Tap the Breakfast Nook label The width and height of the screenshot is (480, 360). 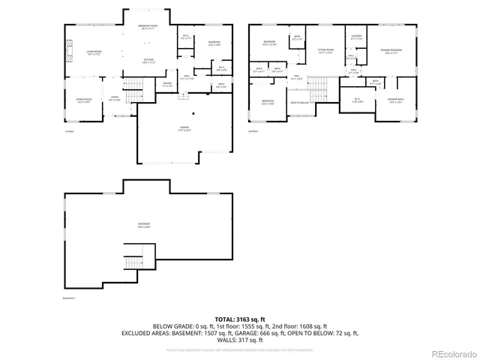(x=148, y=28)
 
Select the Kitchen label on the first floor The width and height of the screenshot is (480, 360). (x=148, y=61)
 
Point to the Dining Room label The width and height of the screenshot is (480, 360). (x=83, y=100)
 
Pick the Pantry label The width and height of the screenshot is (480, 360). (x=168, y=84)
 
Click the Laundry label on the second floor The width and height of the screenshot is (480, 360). (x=355, y=37)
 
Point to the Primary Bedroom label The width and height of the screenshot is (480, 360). (x=388, y=52)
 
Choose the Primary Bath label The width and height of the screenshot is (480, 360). (x=395, y=100)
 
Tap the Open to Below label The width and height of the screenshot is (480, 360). (x=298, y=103)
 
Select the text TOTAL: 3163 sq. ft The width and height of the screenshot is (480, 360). (x=239, y=319)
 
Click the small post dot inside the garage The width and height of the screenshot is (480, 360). (x=193, y=113)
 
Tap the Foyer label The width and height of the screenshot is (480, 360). (x=115, y=99)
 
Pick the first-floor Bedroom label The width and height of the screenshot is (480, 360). (x=214, y=43)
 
